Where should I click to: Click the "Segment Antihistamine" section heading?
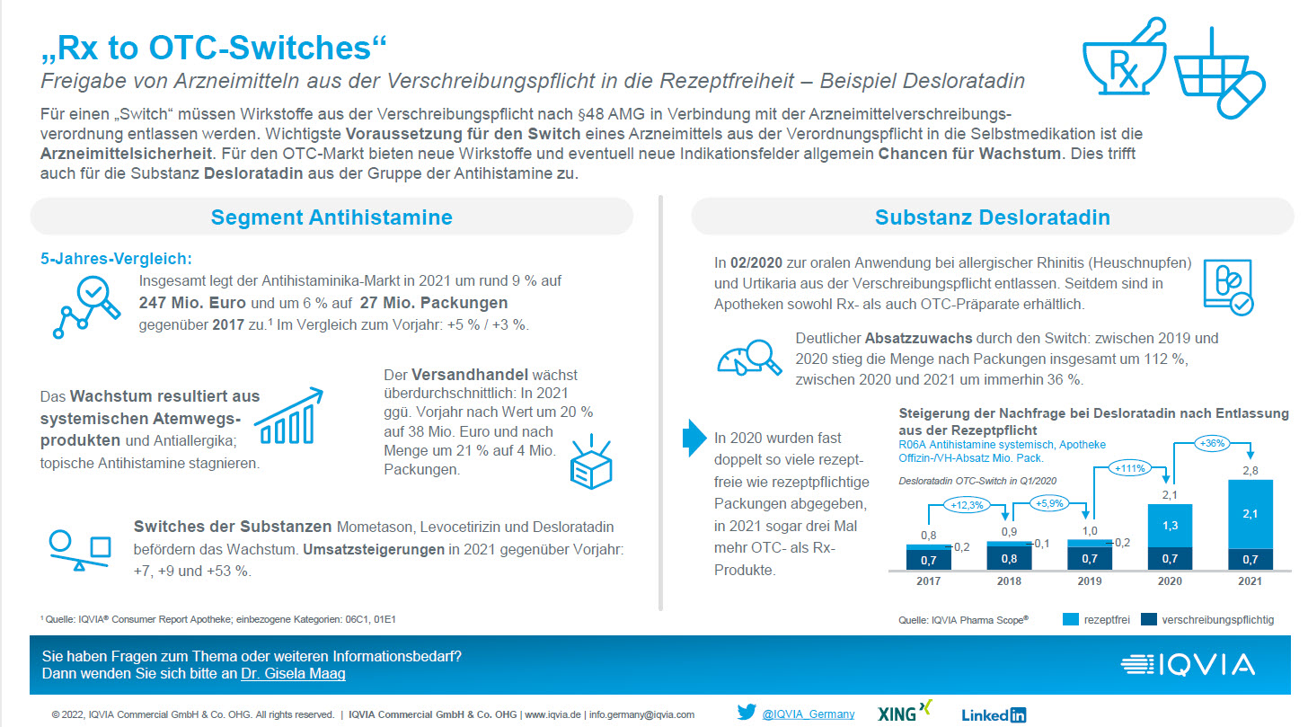(331, 217)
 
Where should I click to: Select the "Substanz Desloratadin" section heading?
(992, 217)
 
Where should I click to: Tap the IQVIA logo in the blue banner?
(1188, 665)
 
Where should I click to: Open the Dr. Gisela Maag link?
(293, 673)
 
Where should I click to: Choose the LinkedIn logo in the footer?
(994, 715)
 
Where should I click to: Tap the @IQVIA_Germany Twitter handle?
(808, 714)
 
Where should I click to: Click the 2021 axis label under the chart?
(1249, 581)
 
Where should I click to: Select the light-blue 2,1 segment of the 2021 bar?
(1249, 513)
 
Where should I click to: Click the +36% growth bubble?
(1211, 443)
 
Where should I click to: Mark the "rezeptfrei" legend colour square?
(1070, 619)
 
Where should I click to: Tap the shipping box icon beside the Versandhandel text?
(591, 464)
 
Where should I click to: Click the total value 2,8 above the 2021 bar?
(1249, 469)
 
